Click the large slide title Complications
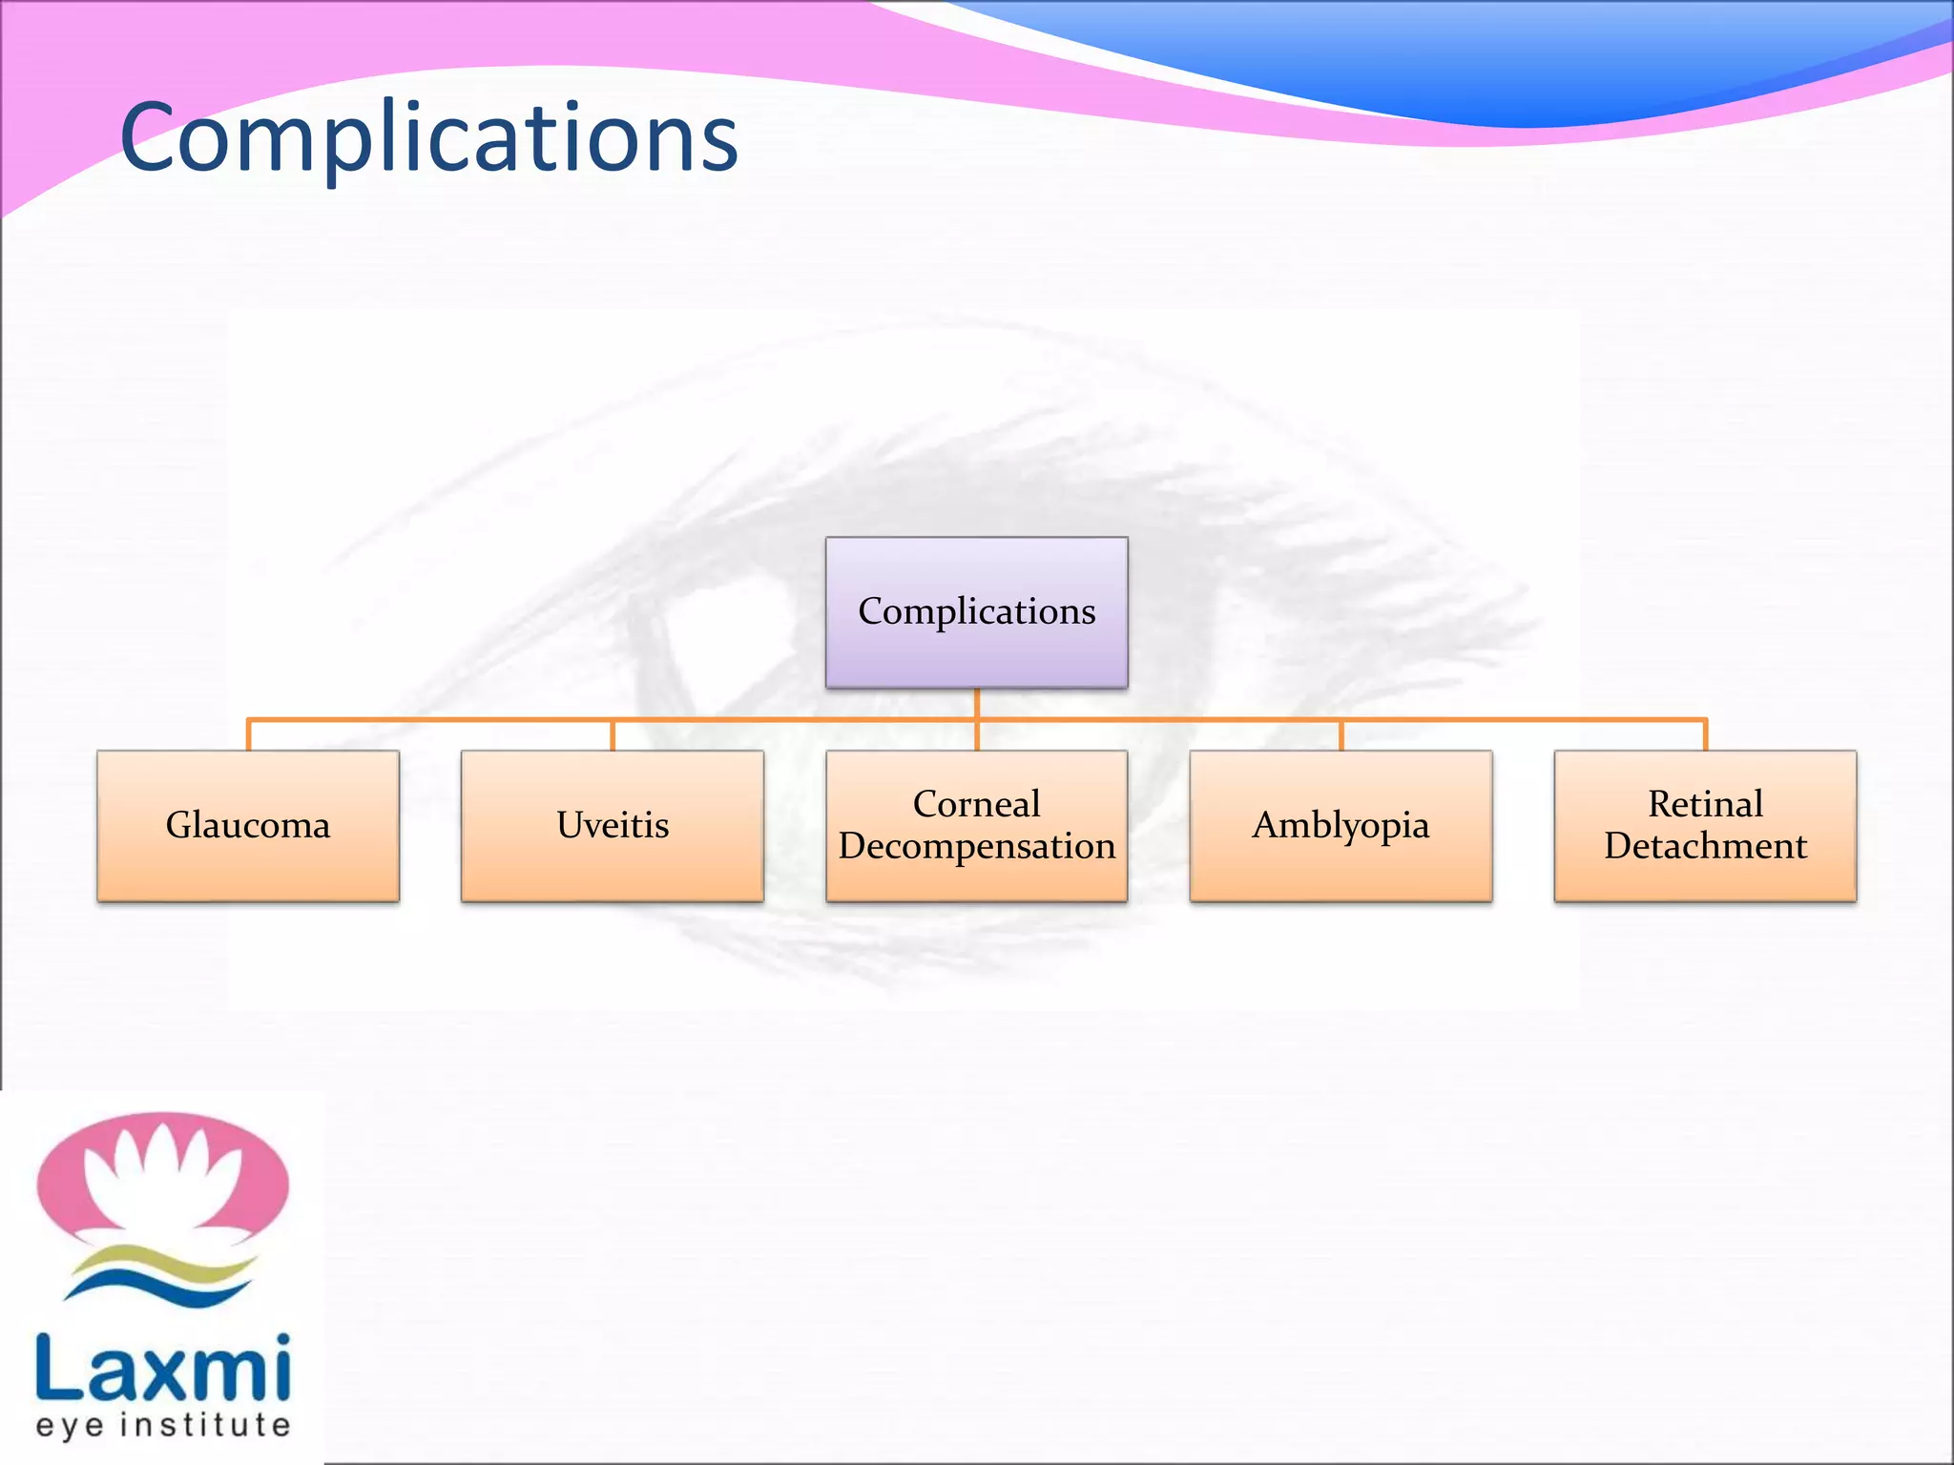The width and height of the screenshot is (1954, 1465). [429, 138]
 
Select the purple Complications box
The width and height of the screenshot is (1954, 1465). [976, 612]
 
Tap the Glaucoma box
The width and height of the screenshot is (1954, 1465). [248, 826]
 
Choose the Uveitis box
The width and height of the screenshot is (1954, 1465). [613, 826]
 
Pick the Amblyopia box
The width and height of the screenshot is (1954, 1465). [1341, 826]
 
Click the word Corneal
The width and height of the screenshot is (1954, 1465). [976, 804]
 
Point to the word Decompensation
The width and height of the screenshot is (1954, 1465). [976, 847]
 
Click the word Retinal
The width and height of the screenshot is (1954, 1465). [1705, 804]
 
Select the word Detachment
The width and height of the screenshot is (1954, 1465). [1705, 847]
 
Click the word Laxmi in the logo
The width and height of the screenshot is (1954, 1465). [162, 1369]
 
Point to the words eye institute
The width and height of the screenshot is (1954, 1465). [162, 1426]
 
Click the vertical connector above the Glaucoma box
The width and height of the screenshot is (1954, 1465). [248, 735]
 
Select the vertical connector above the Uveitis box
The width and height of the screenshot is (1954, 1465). [613, 735]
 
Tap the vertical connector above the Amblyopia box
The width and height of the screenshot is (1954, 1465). [1341, 735]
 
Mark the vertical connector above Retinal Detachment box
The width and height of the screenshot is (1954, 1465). [1705, 735]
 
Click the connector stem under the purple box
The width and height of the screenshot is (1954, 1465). [976, 703]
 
